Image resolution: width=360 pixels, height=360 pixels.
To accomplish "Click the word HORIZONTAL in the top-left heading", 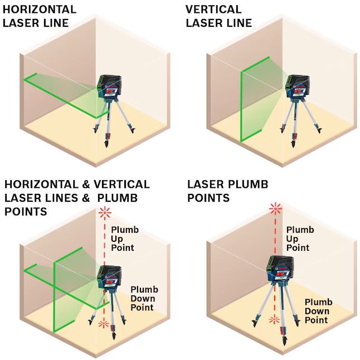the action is pyautogui.click(x=40, y=9).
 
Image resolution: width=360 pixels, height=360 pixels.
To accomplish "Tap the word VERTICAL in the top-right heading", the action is pyautogui.click(x=213, y=9).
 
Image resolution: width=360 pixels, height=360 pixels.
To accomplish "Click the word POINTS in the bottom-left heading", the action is pyautogui.click(x=26, y=211).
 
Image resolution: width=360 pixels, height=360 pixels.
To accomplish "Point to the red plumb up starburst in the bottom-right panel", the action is pyautogui.click(x=275, y=208).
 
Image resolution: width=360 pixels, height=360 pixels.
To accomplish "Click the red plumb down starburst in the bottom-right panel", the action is pyautogui.click(x=274, y=319).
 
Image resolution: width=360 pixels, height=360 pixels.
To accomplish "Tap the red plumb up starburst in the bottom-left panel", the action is pyautogui.click(x=105, y=213).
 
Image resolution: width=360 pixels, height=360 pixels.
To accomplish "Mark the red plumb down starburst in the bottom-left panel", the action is pyautogui.click(x=104, y=324).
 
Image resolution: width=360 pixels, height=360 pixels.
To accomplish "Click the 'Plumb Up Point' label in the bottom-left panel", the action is pyautogui.click(x=125, y=239).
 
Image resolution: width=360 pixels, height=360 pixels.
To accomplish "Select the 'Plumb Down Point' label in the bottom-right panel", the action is pyautogui.click(x=318, y=311).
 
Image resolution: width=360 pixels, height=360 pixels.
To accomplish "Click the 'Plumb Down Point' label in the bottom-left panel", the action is pyautogui.click(x=144, y=299).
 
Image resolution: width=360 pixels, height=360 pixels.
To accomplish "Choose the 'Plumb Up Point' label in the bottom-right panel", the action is pyautogui.click(x=300, y=239).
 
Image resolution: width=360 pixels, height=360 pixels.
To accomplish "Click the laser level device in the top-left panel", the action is pyautogui.click(x=109, y=87).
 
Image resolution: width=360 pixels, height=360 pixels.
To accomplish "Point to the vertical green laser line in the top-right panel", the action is pyautogui.click(x=241, y=106).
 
